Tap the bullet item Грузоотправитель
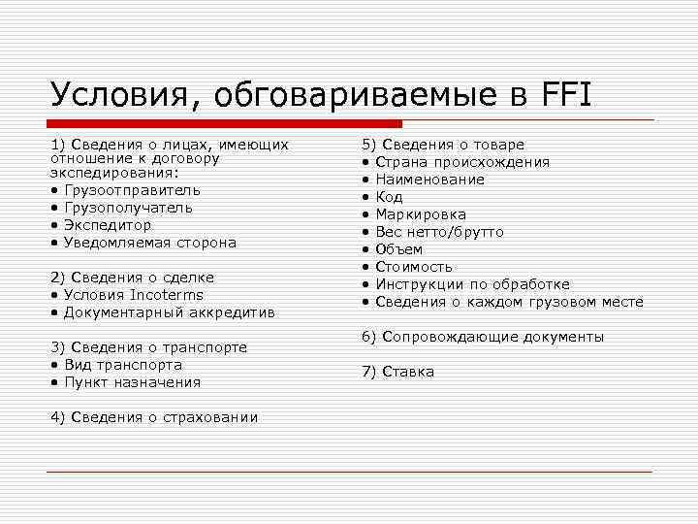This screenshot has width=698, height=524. (x=132, y=189)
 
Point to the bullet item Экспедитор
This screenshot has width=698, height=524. (x=108, y=224)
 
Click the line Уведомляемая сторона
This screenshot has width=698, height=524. (x=149, y=242)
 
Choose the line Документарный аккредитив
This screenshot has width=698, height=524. (x=169, y=312)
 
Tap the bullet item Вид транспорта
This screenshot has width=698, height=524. (x=122, y=365)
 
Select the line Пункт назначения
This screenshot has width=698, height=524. (x=132, y=382)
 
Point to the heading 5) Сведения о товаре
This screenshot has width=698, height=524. (x=443, y=145)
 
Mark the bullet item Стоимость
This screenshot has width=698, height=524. (x=413, y=267)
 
